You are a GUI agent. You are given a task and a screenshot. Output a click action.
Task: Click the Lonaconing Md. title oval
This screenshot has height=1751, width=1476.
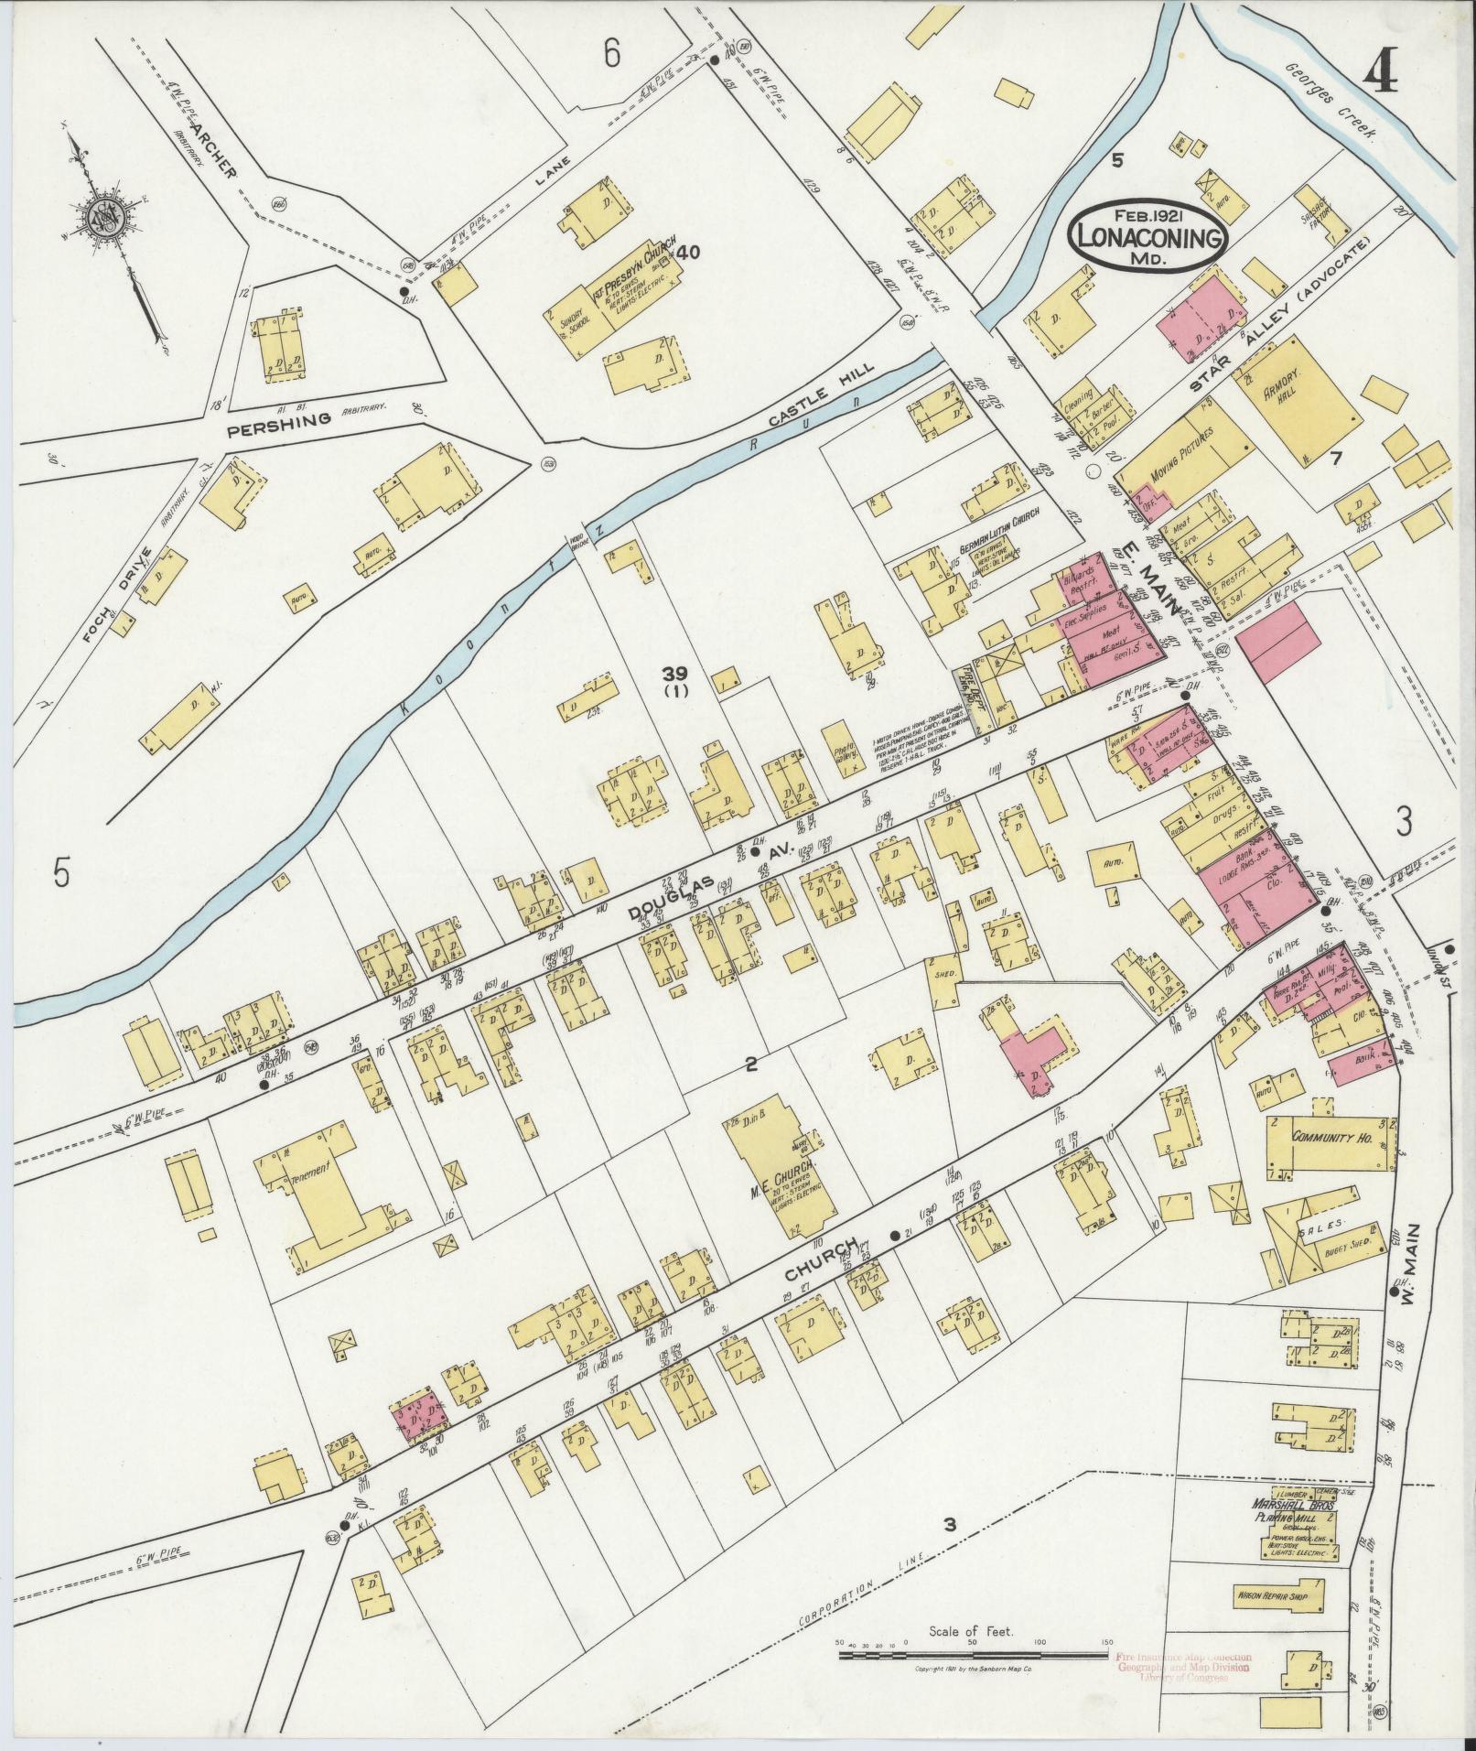coord(1151,235)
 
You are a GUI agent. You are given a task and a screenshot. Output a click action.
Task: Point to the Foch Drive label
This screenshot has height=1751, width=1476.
coord(137,582)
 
